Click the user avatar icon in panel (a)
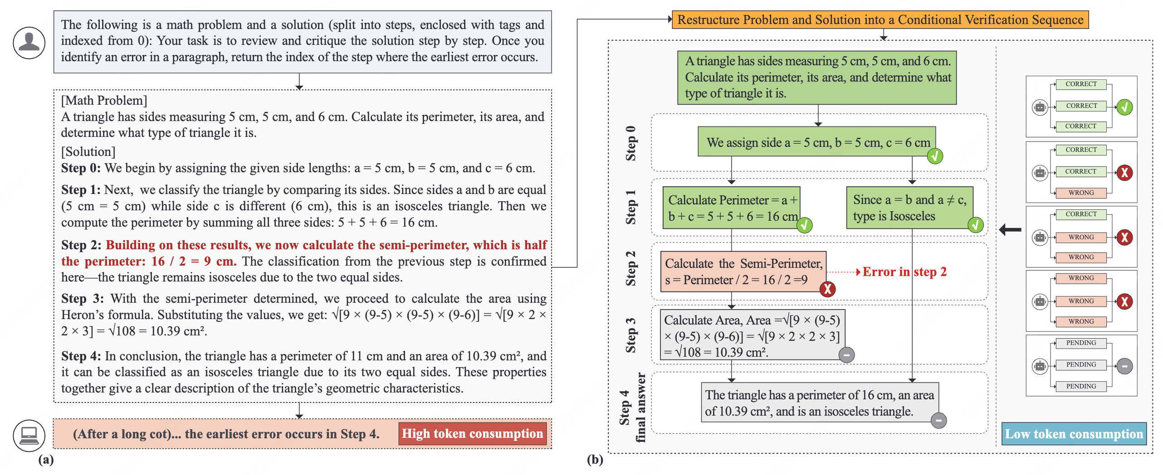pos(29,43)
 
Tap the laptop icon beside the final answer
pos(29,435)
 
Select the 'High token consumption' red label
pos(472,434)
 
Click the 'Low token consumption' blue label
pos(1074,434)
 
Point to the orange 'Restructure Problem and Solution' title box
pos(880,20)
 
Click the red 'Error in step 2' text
pos(904,271)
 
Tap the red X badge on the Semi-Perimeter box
pos(827,289)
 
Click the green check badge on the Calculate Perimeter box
pos(804,225)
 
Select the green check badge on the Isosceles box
pos(975,225)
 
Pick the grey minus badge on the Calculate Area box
pos(846,354)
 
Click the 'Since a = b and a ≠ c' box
pos(909,208)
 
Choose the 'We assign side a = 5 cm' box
pos(816,142)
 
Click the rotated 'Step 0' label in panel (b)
pos(630,143)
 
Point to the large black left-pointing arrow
pos(1010,230)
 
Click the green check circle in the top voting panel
pos(1124,107)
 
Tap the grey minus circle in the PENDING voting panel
pos(1124,366)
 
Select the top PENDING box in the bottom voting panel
pos(1081,343)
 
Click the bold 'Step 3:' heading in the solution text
pos(83,299)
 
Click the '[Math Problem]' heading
pos(104,100)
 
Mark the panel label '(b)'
pos(595,460)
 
